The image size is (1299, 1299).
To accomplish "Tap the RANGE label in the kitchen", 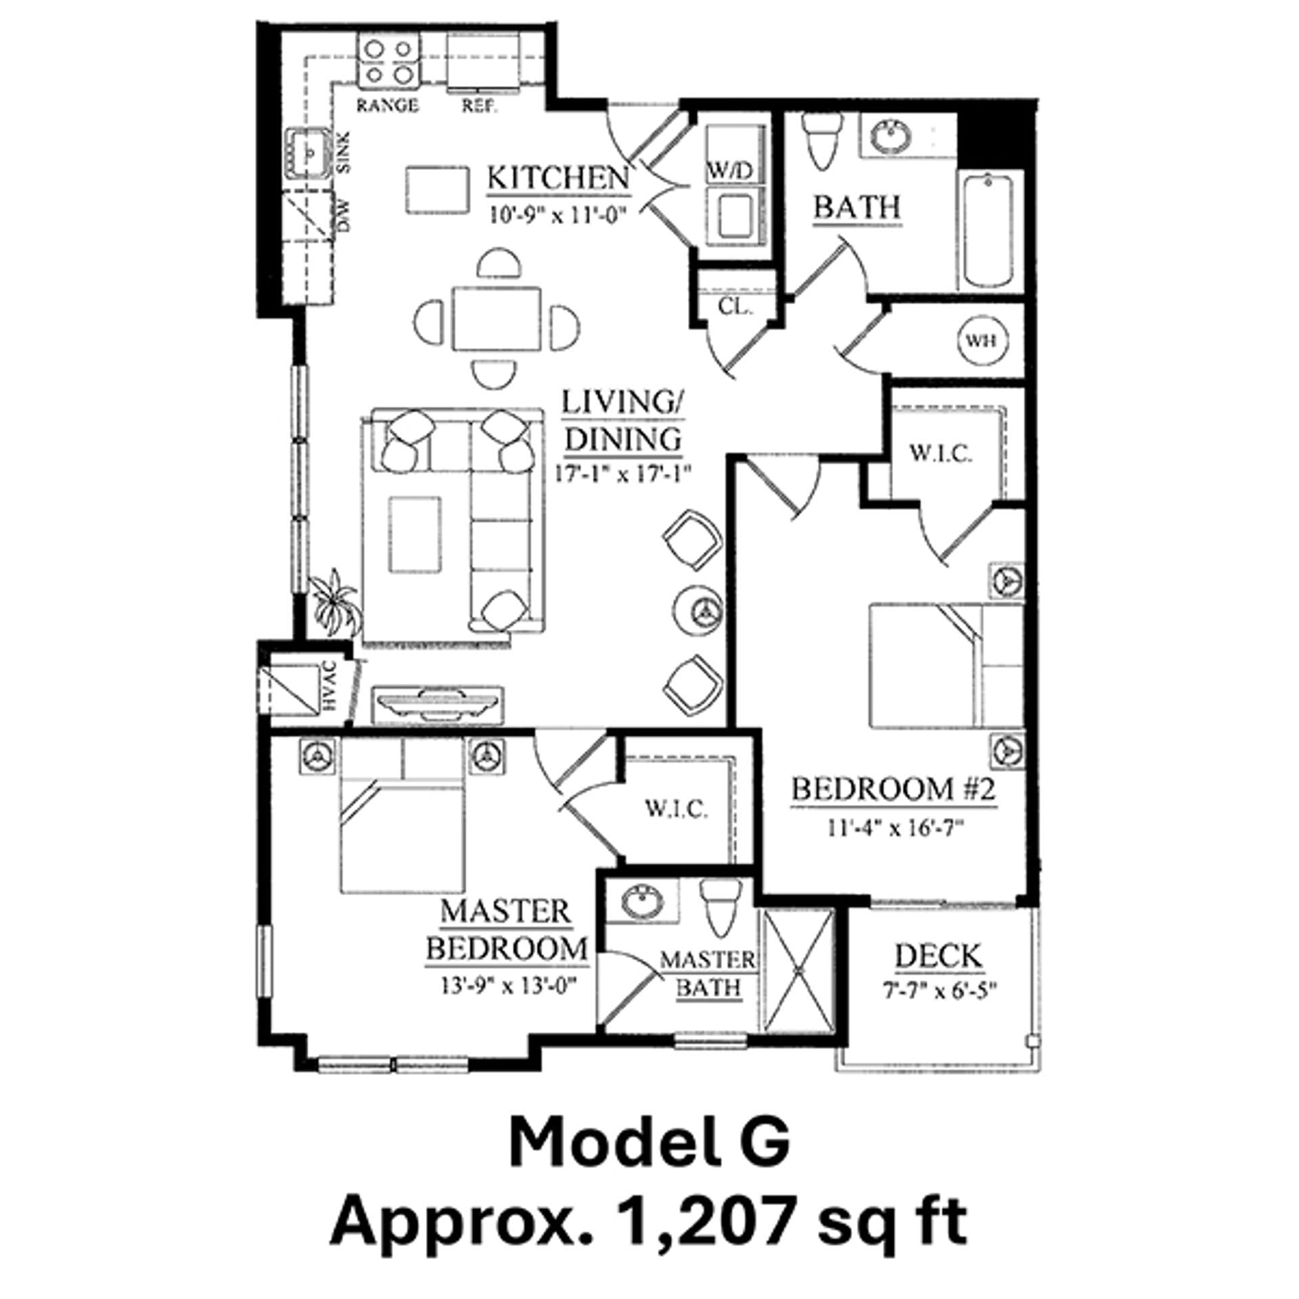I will click(x=387, y=106).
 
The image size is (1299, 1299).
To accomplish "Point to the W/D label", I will click(x=731, y=170).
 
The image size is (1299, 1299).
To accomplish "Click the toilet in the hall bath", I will click(x=821, y=143).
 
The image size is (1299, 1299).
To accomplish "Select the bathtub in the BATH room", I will click(x=988, y=230).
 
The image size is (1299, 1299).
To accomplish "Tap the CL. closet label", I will click(x=735, y=306).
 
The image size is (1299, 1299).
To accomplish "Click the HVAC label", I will click(x=329, y=685).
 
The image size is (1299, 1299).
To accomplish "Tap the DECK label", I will click(x=938, y=957).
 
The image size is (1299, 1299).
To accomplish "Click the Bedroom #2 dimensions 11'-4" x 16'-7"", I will click(x=894, y=829).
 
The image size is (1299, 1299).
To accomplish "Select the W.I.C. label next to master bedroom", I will click(x=676, y=808).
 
